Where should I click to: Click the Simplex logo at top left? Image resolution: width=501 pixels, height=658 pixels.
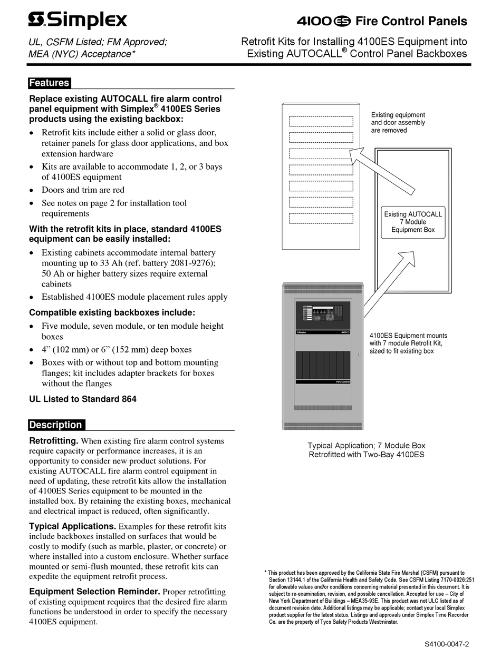(x=77, y=21)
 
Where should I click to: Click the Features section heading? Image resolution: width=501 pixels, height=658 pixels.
(x=49, y=83)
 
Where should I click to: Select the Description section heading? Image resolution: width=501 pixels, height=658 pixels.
(x=56, y=425)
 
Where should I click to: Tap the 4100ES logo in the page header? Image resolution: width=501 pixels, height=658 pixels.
(x=323, y=21)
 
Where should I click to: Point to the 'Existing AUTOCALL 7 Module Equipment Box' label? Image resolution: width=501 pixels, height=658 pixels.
(x=413, y=222)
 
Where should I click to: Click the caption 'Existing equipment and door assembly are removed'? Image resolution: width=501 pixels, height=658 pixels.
(x=398, y=123)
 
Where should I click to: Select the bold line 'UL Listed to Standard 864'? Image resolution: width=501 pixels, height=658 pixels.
(x=83, y=399)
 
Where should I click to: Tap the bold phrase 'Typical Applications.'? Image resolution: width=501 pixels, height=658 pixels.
(x=72, y=526)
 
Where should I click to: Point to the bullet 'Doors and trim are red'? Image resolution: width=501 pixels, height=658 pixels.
(x=83, y=190)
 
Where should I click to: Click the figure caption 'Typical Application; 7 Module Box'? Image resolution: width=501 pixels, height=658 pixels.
(x=366, y=446)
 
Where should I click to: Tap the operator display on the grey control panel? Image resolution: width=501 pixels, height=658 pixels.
(x=322, y=314)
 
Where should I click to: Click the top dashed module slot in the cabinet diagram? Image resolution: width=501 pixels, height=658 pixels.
(x=321, y=121)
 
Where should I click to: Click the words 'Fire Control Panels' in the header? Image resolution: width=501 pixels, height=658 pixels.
(x=411, y=21)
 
